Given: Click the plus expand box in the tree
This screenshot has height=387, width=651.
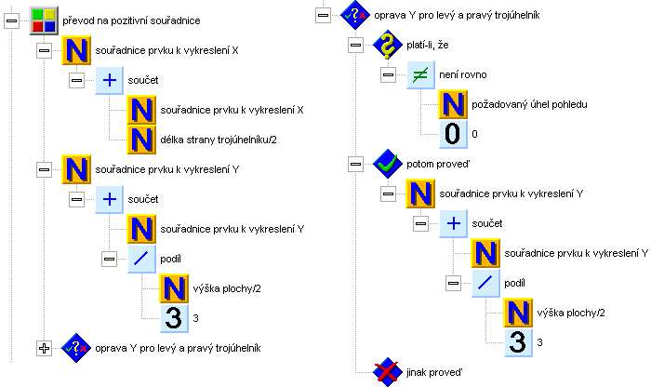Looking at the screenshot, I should point(43,348).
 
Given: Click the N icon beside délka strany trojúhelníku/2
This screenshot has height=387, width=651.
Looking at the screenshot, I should point(142,140).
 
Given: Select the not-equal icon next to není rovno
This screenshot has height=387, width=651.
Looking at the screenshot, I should point(421,74).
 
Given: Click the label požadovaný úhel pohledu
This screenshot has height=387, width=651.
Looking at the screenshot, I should point(530,104).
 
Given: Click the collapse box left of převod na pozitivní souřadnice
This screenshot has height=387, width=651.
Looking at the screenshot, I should point(12,20).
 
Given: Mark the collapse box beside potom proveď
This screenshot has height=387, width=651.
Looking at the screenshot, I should point(355,164).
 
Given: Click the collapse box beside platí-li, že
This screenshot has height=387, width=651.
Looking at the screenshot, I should point(355,45).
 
